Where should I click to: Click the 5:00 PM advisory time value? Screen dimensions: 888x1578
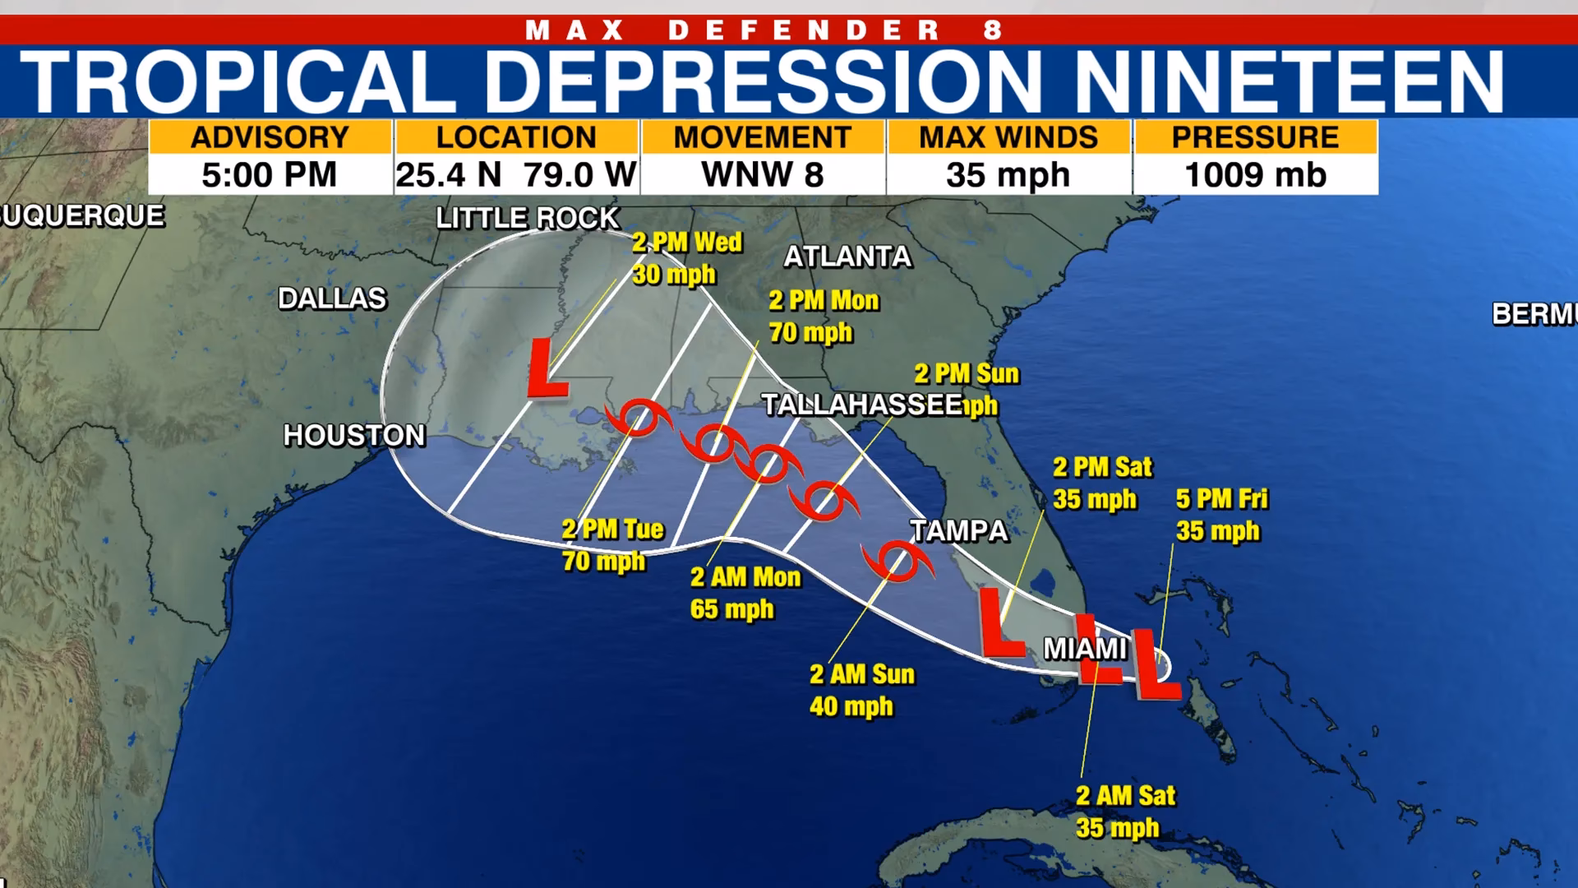click(x=270, y=175)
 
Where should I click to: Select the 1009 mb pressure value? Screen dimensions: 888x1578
click(x=1255, y=175)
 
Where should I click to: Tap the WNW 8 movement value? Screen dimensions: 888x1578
click(x=762, y=175)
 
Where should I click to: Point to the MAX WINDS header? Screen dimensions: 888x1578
click(x=1008, y=137)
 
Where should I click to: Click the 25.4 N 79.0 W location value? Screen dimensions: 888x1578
click(x=516, y=175)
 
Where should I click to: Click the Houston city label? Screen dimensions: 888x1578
click(x=354, y=435)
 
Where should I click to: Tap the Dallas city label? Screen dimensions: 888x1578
click(x=332, y=298)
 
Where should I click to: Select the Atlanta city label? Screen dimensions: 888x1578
click(x=847, y=257)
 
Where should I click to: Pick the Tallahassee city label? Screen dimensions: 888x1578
click(x=861, y=405)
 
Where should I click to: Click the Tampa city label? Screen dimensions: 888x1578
click(x=958, y=531)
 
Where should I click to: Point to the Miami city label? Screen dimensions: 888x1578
click(x=1085, y=649)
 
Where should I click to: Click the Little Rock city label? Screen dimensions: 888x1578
click(x=527, y=219)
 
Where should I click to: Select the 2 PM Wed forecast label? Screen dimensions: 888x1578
click(x=686, y=243)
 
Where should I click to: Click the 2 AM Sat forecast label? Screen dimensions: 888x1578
click(x=1125, y=796)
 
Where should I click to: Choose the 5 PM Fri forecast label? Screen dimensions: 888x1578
click(x=1221, y=499)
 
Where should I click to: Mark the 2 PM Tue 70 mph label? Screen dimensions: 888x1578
click(x=612, y=545)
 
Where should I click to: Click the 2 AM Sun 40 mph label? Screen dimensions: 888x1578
click(x=861, y=691)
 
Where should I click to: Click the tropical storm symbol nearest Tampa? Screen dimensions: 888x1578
click(x=897, y=562)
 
